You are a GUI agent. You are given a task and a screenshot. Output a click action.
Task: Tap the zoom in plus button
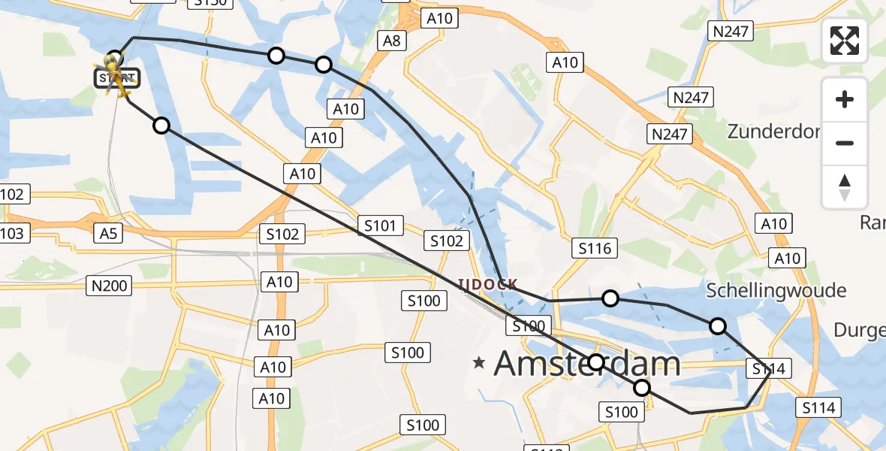(845, 99)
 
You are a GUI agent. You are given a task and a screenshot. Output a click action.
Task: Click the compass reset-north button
(845, 187)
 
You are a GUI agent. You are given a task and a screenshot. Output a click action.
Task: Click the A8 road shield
(391, 41)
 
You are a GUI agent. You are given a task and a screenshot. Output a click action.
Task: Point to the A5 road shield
(109, 234)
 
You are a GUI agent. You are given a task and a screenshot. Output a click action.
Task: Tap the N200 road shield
(109, 285)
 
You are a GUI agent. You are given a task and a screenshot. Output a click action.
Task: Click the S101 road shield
(381, 225)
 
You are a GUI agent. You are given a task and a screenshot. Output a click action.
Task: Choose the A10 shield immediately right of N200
(279, 282)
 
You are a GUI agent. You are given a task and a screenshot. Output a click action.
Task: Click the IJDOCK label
(488, 284)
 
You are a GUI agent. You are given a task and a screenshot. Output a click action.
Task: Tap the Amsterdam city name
(587, 365)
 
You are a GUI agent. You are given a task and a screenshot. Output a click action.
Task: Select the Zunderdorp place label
(773, 132)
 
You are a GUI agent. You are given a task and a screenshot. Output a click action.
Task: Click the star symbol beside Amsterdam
(479, 363)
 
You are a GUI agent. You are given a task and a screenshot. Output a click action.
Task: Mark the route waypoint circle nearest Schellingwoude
(718, 325)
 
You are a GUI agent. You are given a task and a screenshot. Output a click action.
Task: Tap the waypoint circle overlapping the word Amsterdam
(595, 362)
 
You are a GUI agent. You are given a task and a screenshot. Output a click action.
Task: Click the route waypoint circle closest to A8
(324, 65)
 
